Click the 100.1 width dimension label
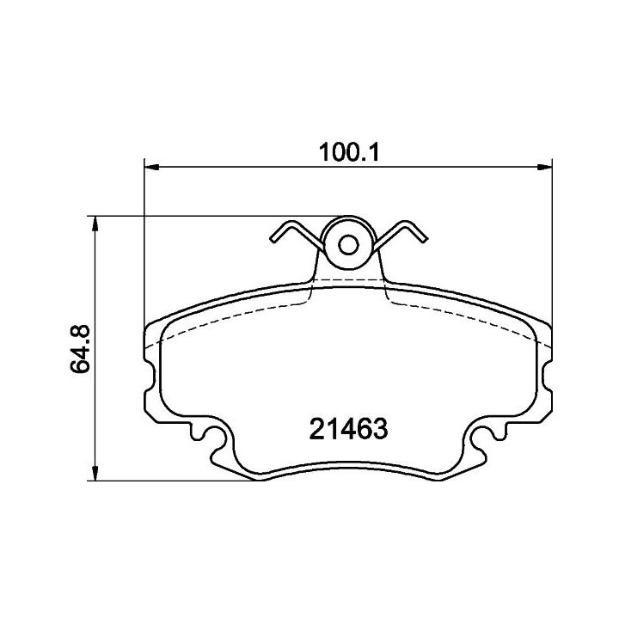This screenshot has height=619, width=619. tap(349, 152)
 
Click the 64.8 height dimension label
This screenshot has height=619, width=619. tap(81, 349)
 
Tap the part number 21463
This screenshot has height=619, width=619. tap(348, 429)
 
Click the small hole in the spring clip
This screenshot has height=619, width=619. tap(348, 245)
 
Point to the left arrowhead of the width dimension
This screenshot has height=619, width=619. tap(151, 168)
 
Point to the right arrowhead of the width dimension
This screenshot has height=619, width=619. tap(545, 168)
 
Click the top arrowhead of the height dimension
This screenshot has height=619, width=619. tap(95, 224)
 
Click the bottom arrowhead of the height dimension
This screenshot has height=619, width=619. tap(95, 474)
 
